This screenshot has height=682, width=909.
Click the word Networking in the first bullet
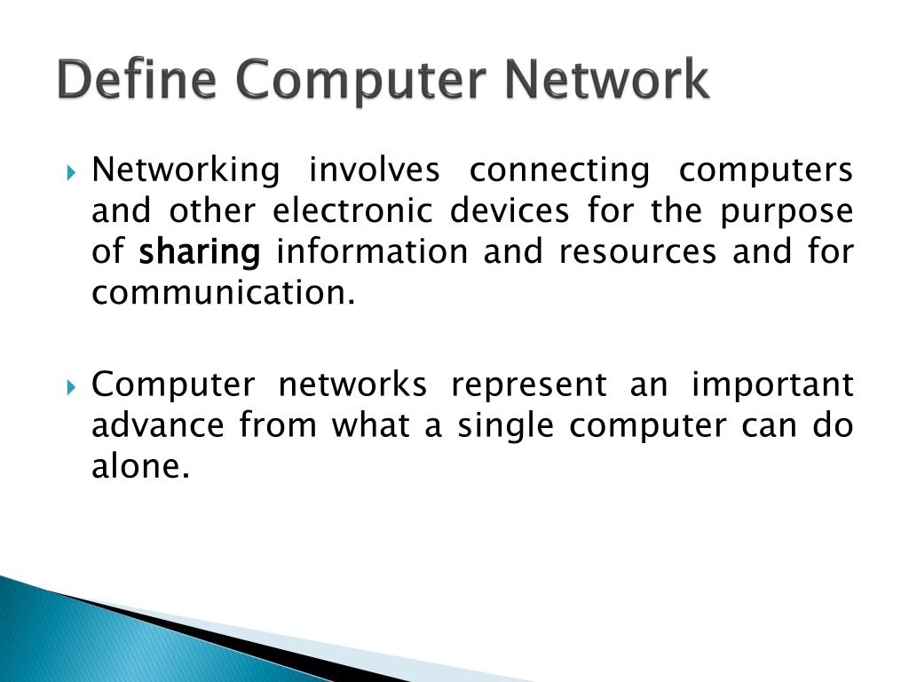pyautogui.click(x=186, y=170)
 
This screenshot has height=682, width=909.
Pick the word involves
pyautogui.click(x=374, y=169)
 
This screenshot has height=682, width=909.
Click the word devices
pyautogui.click(x=509, y=210)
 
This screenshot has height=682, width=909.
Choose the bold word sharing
pyautogui.click(x=200, y=253)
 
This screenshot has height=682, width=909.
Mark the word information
pyautogui.click(x=372, y=251)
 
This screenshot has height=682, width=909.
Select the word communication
pyautogui.click(x=223, y=292)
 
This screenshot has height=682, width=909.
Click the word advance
pyautogui.click(x=157, y=425)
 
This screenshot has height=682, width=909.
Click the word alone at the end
pyautogui.click(x=141, y=466)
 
